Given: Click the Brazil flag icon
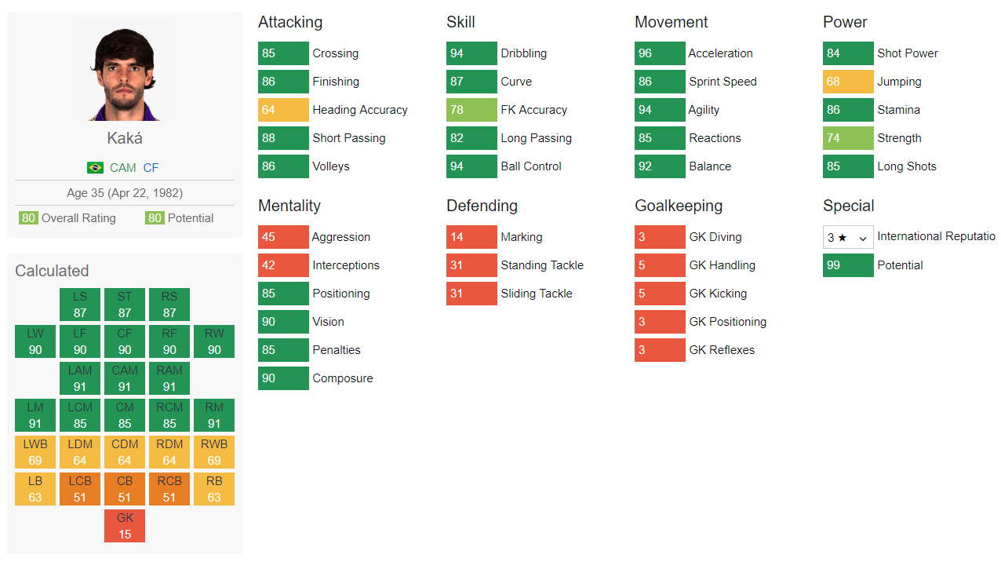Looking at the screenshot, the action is coord(95,168).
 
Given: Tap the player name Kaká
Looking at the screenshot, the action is coord(125,138).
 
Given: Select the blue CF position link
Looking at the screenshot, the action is coord(151,168).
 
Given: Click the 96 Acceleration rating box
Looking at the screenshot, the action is coord(660,53).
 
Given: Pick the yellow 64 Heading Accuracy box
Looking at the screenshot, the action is coord(283,110).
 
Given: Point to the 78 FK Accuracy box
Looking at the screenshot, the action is coord(471,110).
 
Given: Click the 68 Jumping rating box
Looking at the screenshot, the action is coord(848,82).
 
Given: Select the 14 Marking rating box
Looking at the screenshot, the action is coord(471,237).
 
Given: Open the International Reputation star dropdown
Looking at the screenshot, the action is coord(848,237).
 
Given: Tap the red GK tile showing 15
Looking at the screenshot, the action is coord(125,526).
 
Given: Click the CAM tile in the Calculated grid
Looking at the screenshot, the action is coord(125,378).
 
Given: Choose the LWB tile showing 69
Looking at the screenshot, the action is coord(35,452).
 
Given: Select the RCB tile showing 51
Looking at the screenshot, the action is coord(169,489).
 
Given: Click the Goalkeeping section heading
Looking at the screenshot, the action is coord(679,206).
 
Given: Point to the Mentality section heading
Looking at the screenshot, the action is coord(289,206).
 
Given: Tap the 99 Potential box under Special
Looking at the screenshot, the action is coord(848,265).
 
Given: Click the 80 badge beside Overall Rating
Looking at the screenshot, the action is coord(28,218).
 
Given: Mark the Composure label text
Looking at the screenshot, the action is coord(343,378).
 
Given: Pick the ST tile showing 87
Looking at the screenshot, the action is coord(125,305).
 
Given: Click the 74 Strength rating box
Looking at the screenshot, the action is coord(848,138).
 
